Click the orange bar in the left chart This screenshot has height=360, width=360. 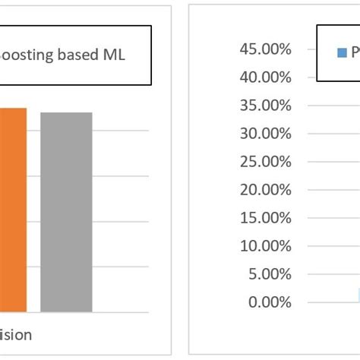pos(13,210)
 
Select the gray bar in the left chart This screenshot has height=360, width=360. pos(66,212)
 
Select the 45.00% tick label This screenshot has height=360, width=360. pos(264,49)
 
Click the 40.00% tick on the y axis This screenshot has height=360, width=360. pos(264,77)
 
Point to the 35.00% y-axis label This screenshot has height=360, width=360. pos(264,106)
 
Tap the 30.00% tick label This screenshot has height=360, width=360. pos(264,134)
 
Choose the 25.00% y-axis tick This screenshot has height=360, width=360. pos(264,162)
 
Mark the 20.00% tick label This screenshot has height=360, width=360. pos(264,190)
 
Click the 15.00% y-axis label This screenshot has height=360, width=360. pos(264,218)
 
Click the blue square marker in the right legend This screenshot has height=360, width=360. pos(341,53)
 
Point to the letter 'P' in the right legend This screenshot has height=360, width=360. pos(354,53)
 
